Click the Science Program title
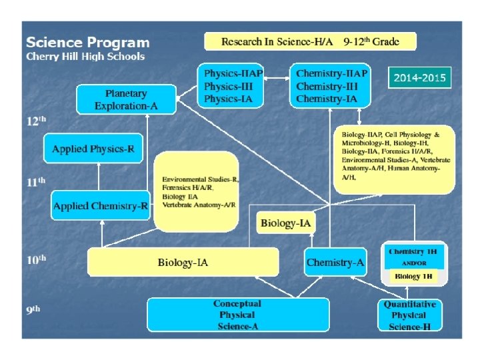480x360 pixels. [87, 42]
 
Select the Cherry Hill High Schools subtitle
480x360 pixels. [85, 57]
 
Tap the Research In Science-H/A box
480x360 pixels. [310, 41]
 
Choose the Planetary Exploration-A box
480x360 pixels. [126, 99]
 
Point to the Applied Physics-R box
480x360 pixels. [93, 149]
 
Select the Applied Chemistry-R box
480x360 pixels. [101, 206]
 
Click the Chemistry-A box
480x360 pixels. [335, 263]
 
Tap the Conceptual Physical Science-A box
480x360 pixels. [238, 315]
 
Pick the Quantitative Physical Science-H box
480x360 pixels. [409, 315]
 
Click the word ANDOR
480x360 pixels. [414, 263]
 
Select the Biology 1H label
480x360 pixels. [414, 276]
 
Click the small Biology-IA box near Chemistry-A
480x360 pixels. [286, 223]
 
